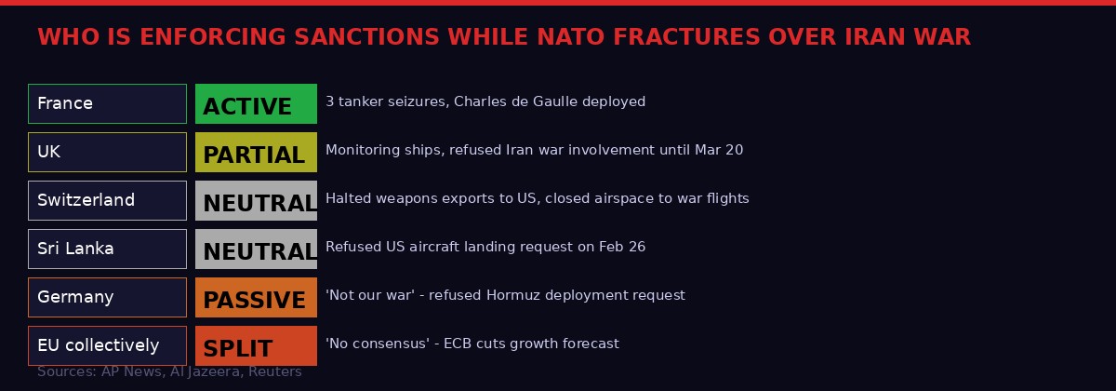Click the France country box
[x=107, y=103]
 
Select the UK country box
[x=107, y=152]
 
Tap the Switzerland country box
[x=107, y=200]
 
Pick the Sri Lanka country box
[x=107, y=249]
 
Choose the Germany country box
[x=107, y=297]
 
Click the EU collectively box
[x=107, y=345]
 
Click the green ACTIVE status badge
[x=256, y=103]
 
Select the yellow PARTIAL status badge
[x=256, y=152]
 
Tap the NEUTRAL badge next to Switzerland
[x=256, y=200]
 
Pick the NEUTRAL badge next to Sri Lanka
[x=256, y=249]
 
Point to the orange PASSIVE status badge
[x=256, y=297]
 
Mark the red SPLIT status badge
[x=256, y=345]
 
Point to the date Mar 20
[x=718, y=150]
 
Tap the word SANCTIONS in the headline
[x=365, y=37]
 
